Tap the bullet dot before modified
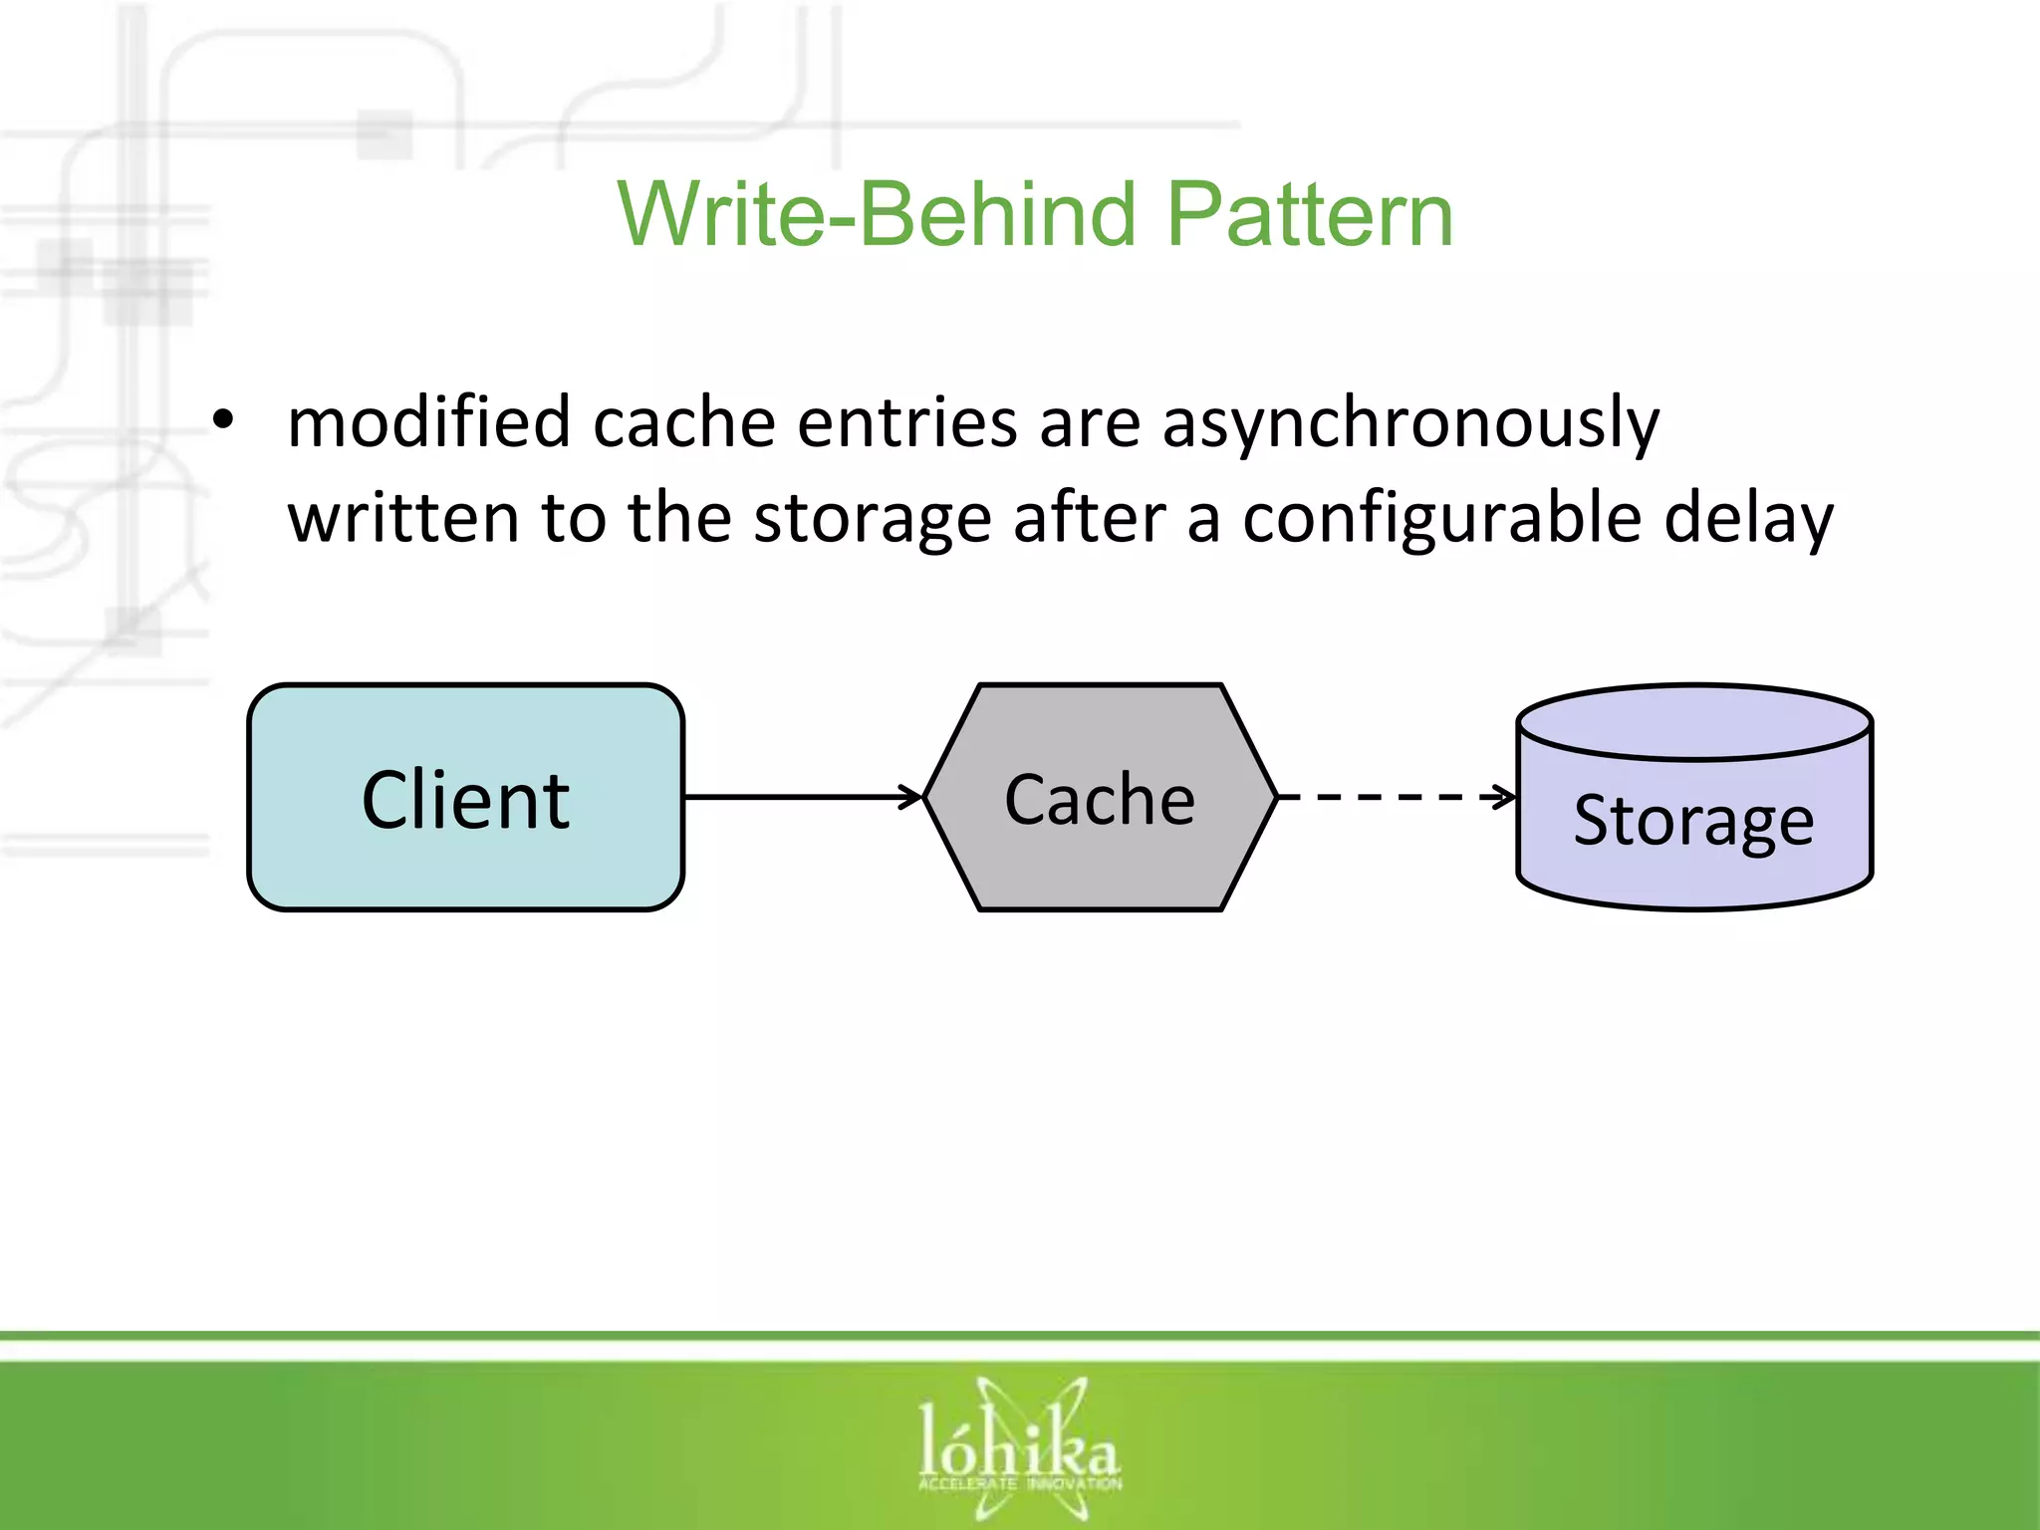pos(223,421)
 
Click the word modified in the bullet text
pos(428,421)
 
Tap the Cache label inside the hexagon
pos(1100,799)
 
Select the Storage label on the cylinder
pos(1693,821)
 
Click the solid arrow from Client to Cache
pos(803,797)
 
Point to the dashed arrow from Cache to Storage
pos(1395,797)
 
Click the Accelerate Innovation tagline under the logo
pos(1019,1484)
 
